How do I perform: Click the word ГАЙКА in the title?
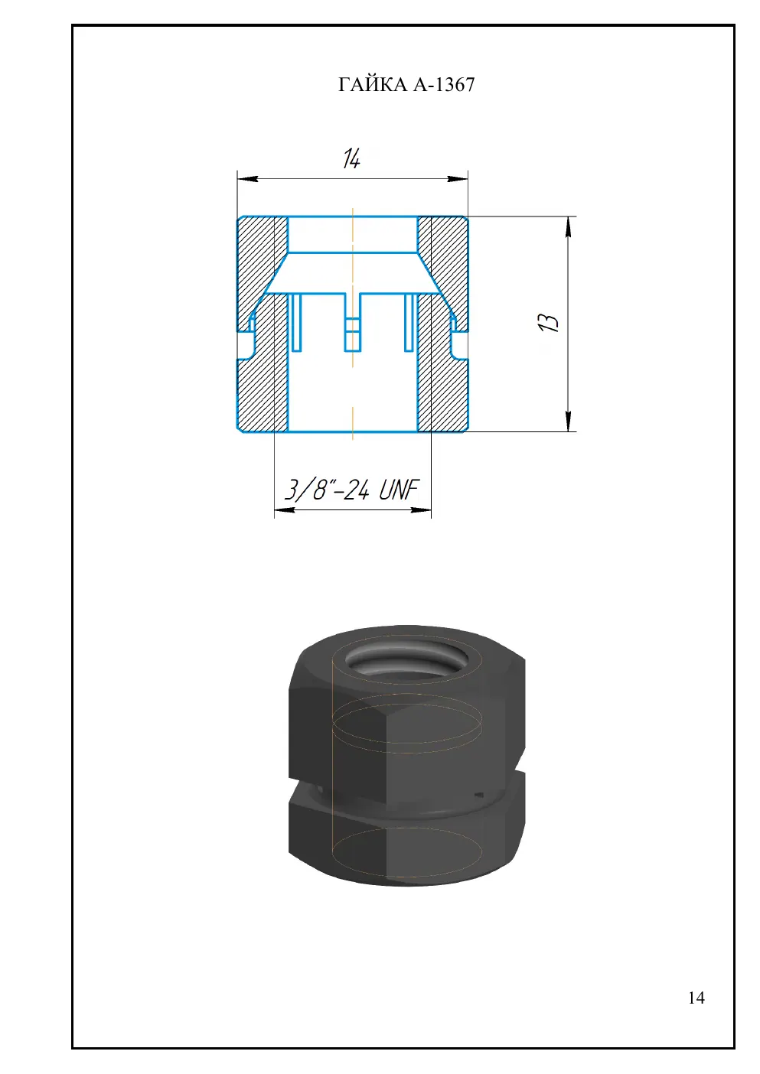[x=372, y=84]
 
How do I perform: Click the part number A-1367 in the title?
[x=444, y=84]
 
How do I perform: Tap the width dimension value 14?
[x=352, y=158]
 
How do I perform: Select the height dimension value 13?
[x=548, y=323]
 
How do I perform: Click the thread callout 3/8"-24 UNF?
[x=352, y=490]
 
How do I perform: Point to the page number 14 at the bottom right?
[x=696, y=998]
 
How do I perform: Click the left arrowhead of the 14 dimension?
[x=247, y=179]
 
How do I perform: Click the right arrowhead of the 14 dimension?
[x=457, y=179]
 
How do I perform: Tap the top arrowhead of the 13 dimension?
[x=568, y=226]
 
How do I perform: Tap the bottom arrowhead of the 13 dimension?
[x=568, y=421]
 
